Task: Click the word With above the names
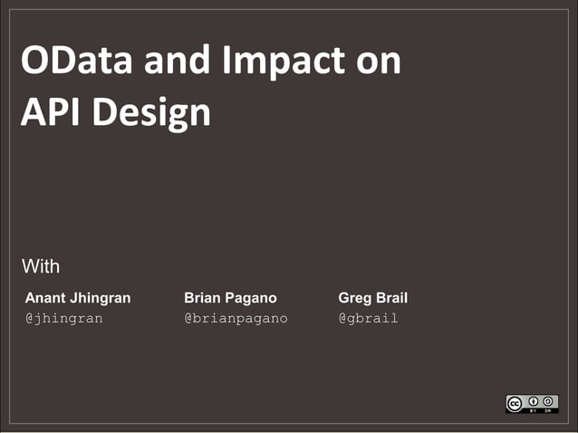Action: tap(41, 266)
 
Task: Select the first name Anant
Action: tap(45, 298)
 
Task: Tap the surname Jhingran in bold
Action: tap(101, 299)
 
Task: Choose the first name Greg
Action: tap(354, 299)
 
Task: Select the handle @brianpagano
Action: tap(236, 319)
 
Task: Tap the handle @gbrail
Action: tap(368, 319)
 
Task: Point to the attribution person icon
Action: tap(535, 400)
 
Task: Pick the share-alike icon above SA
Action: tap(549, 400)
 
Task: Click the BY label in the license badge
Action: tap(535, 410)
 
